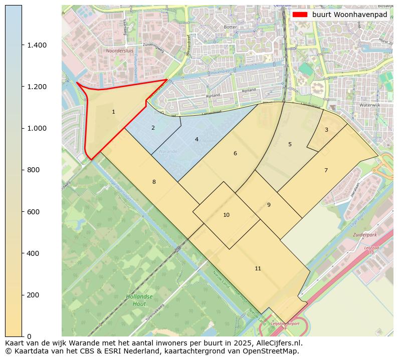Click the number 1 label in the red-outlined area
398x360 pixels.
(x=113, y=112)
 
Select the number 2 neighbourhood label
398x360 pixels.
(x=153, y=128)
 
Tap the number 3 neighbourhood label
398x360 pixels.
(x=326, y=130)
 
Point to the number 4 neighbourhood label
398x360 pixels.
(x=196, y=139)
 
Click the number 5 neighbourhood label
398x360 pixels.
(x=290, y=144)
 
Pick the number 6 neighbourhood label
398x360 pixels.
(x=235, y=153)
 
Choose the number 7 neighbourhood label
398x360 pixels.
(x=326, y=170)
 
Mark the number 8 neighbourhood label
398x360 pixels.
(x=154, y=182)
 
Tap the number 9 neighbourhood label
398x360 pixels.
(x=269, y=205)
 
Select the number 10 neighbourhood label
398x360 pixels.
(x=226, y=215)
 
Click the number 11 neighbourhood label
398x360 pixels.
(x=258, y=268)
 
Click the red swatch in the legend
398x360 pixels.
(x=300, y=15)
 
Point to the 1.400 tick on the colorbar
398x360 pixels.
(x=37, y=45)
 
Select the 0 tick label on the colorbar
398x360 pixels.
(x=30, y=336)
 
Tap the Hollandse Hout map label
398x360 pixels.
(x=136, y=300)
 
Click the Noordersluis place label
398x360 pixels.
(x=120, y=51)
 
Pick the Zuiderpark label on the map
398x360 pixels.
(x=364, y=234)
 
